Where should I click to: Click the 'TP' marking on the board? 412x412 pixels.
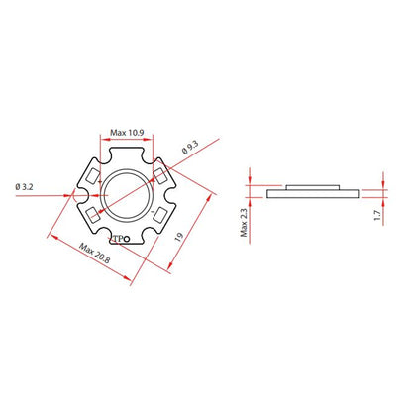(119, 239)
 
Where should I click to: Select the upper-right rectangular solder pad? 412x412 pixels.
(158, 174)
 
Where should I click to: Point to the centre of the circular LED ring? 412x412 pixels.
(127, 194)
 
